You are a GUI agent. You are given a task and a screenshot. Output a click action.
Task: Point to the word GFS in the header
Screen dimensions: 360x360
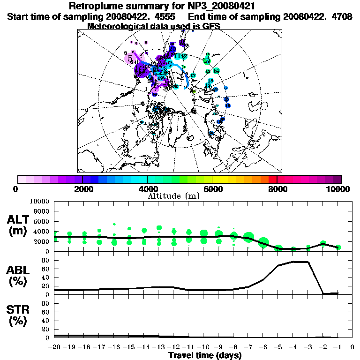pyautogui.click(x=210, y=26)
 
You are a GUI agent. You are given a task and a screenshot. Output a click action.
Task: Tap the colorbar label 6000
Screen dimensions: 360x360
pyautogui.click(x=212, y=189)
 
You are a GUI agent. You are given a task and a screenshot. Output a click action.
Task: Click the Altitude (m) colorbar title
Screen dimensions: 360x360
pyautogui.click(x=174, y=196)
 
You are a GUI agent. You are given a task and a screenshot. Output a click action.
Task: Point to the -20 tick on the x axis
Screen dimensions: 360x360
pyautogui.click(x=54, y=347)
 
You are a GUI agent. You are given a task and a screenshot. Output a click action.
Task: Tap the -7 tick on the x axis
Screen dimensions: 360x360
pyautogui.click(x=248, y=347)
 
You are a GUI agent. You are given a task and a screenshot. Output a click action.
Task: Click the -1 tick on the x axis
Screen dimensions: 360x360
pyautogui.click(x=337, y=347)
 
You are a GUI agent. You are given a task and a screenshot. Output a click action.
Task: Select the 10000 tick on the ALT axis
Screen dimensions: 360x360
pyautogui.click(x=40, y=201)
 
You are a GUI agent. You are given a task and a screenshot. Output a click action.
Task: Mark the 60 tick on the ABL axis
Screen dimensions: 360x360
pyautogui.click(x=45, y=269)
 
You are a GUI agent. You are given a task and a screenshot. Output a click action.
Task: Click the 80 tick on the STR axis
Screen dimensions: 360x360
pyautogui.click(x=45, y=304)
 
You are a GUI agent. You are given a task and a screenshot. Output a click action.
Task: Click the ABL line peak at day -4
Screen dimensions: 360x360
pyautogui.click(x=293, y=262)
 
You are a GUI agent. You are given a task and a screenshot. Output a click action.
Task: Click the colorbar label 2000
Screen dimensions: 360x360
pyautogui.click(x=82, y=189)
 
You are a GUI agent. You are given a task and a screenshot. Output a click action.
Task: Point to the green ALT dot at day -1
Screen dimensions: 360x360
pyautogui.click(x=337, y=247)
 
